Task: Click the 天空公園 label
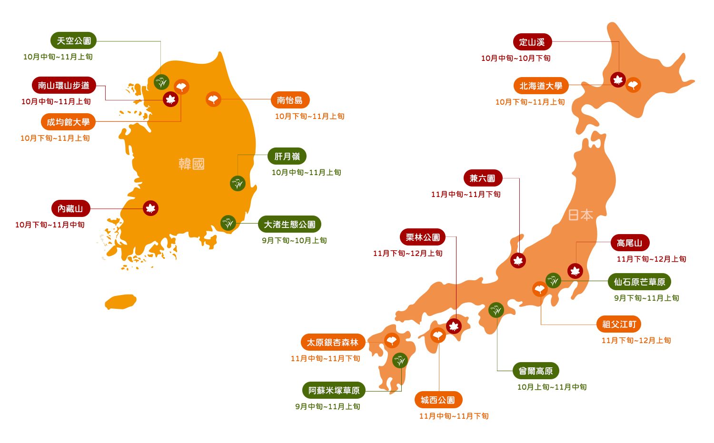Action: tap(73, 40)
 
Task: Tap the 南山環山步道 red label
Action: tap(64, 85)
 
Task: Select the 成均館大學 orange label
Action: tap(68, 122)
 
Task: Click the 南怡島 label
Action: tap(290, 100)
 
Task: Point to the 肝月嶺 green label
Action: tap(287, 156)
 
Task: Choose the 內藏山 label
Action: tap(70, 208)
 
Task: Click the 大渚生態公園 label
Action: tap(289, 224)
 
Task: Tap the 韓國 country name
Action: tap(191, 164)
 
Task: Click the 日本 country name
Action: tap(581, 215)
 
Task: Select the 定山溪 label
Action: tap(532, 42)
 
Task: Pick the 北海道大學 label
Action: tap(541, 86)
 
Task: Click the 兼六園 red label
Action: tap(483, 178)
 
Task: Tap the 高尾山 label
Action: tap(630, 243)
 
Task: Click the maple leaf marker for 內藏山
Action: tap(150, 208)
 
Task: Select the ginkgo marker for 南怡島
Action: tap(213, 99)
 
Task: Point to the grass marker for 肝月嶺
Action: tap(238, 183)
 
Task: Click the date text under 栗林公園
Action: tap(408, 253)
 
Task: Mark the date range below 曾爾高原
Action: tap(552, 387)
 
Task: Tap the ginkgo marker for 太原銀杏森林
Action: tap(392, 340)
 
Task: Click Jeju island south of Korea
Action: tap(120, 302)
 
